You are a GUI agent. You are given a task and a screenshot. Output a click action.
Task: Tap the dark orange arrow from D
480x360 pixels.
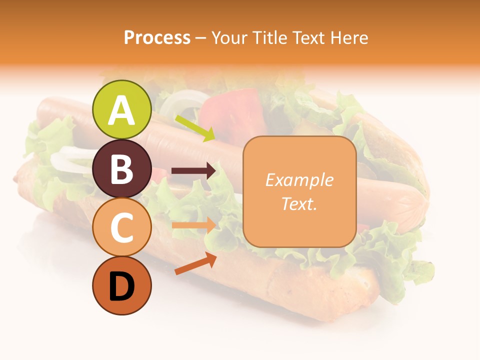(195, 264)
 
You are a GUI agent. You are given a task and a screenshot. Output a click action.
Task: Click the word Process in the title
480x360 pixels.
(157, 37)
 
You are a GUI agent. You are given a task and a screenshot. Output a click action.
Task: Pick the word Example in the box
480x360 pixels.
(299, 180)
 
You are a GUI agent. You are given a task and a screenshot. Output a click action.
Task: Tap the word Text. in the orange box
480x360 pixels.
(299, 203)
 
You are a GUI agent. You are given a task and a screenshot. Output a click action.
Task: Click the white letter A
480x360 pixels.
(122, 110)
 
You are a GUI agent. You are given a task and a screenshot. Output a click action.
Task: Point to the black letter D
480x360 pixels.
(122, 287)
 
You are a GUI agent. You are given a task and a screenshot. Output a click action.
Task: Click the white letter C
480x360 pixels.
(122, 227)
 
